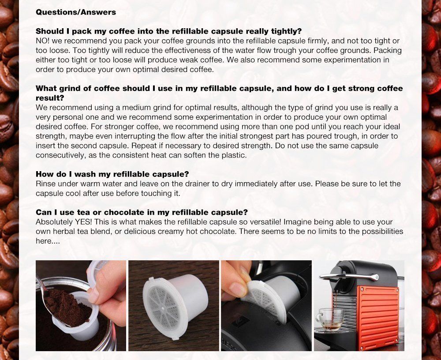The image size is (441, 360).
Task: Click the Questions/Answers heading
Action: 75,12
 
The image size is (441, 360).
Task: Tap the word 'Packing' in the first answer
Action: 387,50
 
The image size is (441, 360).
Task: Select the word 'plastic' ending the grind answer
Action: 233,155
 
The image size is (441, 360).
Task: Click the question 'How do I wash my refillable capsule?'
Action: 112,174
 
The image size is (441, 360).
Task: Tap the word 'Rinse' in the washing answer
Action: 45,184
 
